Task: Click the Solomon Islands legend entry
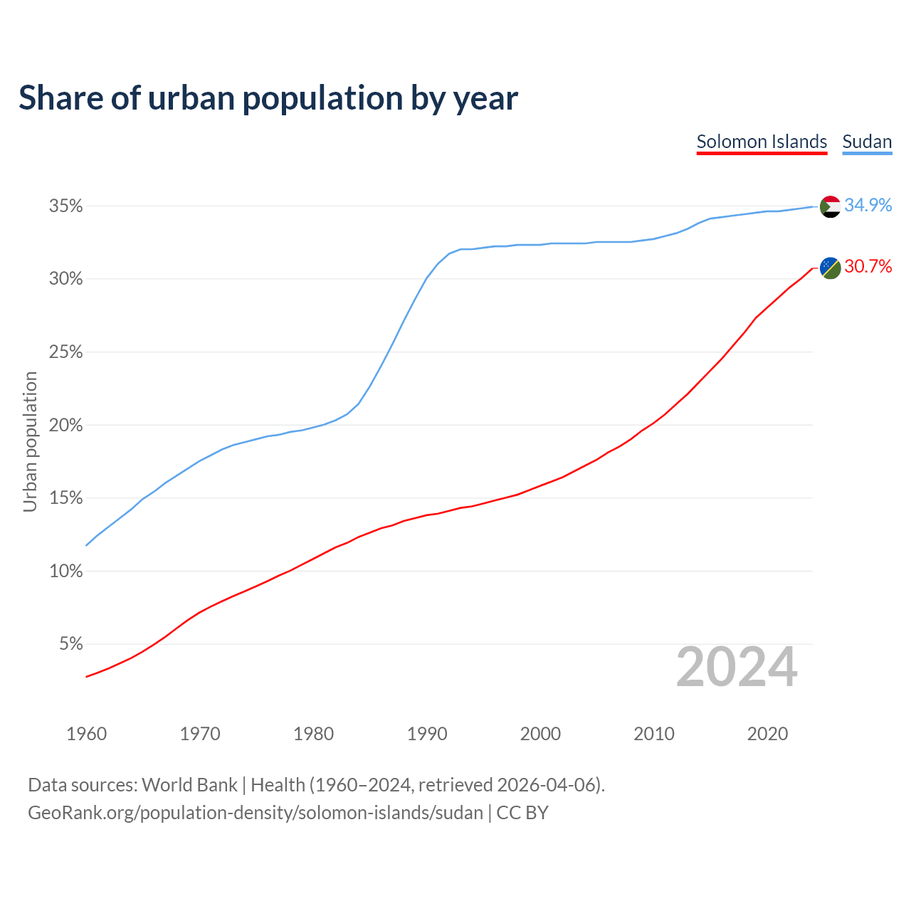pyautogui.click(x=762, y=142)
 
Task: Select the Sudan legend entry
pyautogui.click(x=867, y=142)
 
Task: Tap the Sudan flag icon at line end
pyautogui.click(x=831, y=206)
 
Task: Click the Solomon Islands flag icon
pyautogui.click(x=831, y=268)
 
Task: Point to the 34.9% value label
pyautogui.click(x=868, y=205)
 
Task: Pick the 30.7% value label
pyautogui.click(x=868, y=266)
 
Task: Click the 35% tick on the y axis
pyautogui.click(x=66, y=206)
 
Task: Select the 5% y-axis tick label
pyautogui.click(x=71, y=644)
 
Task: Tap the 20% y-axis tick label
pyautogui.click(x=66, y=426)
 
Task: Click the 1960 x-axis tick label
pyautogui.click(x=87, y=734)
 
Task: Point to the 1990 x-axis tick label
pyautogui.click(x=427, y=734)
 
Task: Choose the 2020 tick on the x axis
pyautogui.click(x=767, y=734)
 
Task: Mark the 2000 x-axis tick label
pyautogui.click(x=540, y=734)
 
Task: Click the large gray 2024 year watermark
pyautogui.click(x=737, y=668)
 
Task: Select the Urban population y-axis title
pyautogui.click(x=30, y=441)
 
